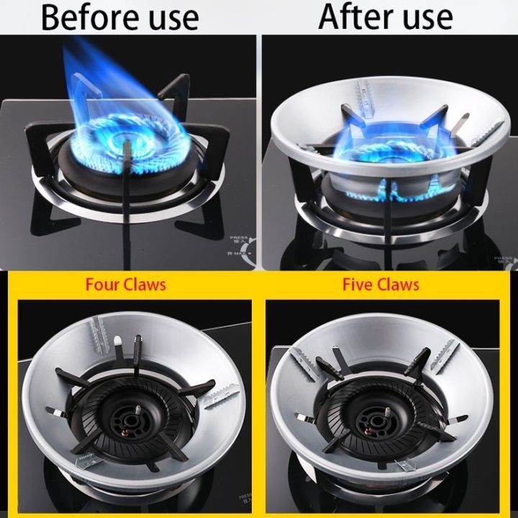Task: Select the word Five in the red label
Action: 357,284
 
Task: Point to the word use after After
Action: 427,18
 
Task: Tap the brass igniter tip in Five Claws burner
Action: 368,431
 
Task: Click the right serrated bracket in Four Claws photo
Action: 221,396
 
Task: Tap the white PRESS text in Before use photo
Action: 239,237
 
